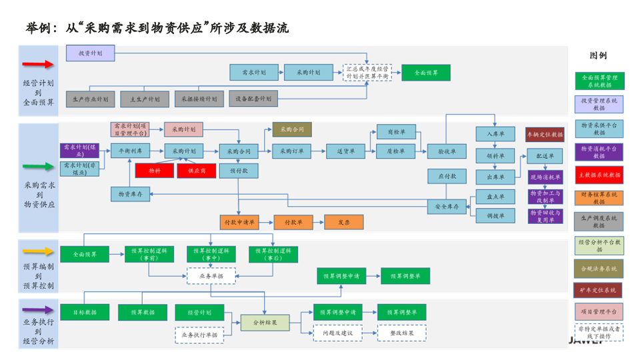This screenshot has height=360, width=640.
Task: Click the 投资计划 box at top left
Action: (x=90, y=53)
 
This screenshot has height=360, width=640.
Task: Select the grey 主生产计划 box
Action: (x=144, y=99)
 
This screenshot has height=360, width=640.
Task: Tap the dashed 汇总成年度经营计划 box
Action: (x=367, y=73)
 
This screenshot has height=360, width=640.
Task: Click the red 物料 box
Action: (x=154, y=171)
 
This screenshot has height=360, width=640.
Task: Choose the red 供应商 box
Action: (x=196, y=171)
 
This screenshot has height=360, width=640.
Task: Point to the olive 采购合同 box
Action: (x=291, y=129)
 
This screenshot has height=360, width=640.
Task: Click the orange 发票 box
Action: (x=343, y=222)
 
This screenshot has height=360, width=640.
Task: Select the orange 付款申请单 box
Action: (x=239, y=222)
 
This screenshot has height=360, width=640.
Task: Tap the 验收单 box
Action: (x=447, y=151)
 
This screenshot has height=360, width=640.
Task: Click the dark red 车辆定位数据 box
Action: (x=545, y=135)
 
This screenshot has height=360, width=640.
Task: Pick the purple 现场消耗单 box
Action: (x=546, y=177)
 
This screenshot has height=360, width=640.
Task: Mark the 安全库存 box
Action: (x=447, y=207)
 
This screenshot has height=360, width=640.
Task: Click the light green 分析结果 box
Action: (x=265, y=323)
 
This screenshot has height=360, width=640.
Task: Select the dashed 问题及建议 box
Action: (x=337, y=333)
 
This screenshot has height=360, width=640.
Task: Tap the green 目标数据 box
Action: (x=85, y=312)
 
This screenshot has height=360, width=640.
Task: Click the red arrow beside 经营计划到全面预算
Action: (x=38, y=65)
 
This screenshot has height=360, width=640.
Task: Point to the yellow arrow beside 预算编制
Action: (x=38, y=252)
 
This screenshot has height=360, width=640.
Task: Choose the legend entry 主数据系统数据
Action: (x=599, y=175)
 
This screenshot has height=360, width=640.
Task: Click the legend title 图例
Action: (x=598, y=55)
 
